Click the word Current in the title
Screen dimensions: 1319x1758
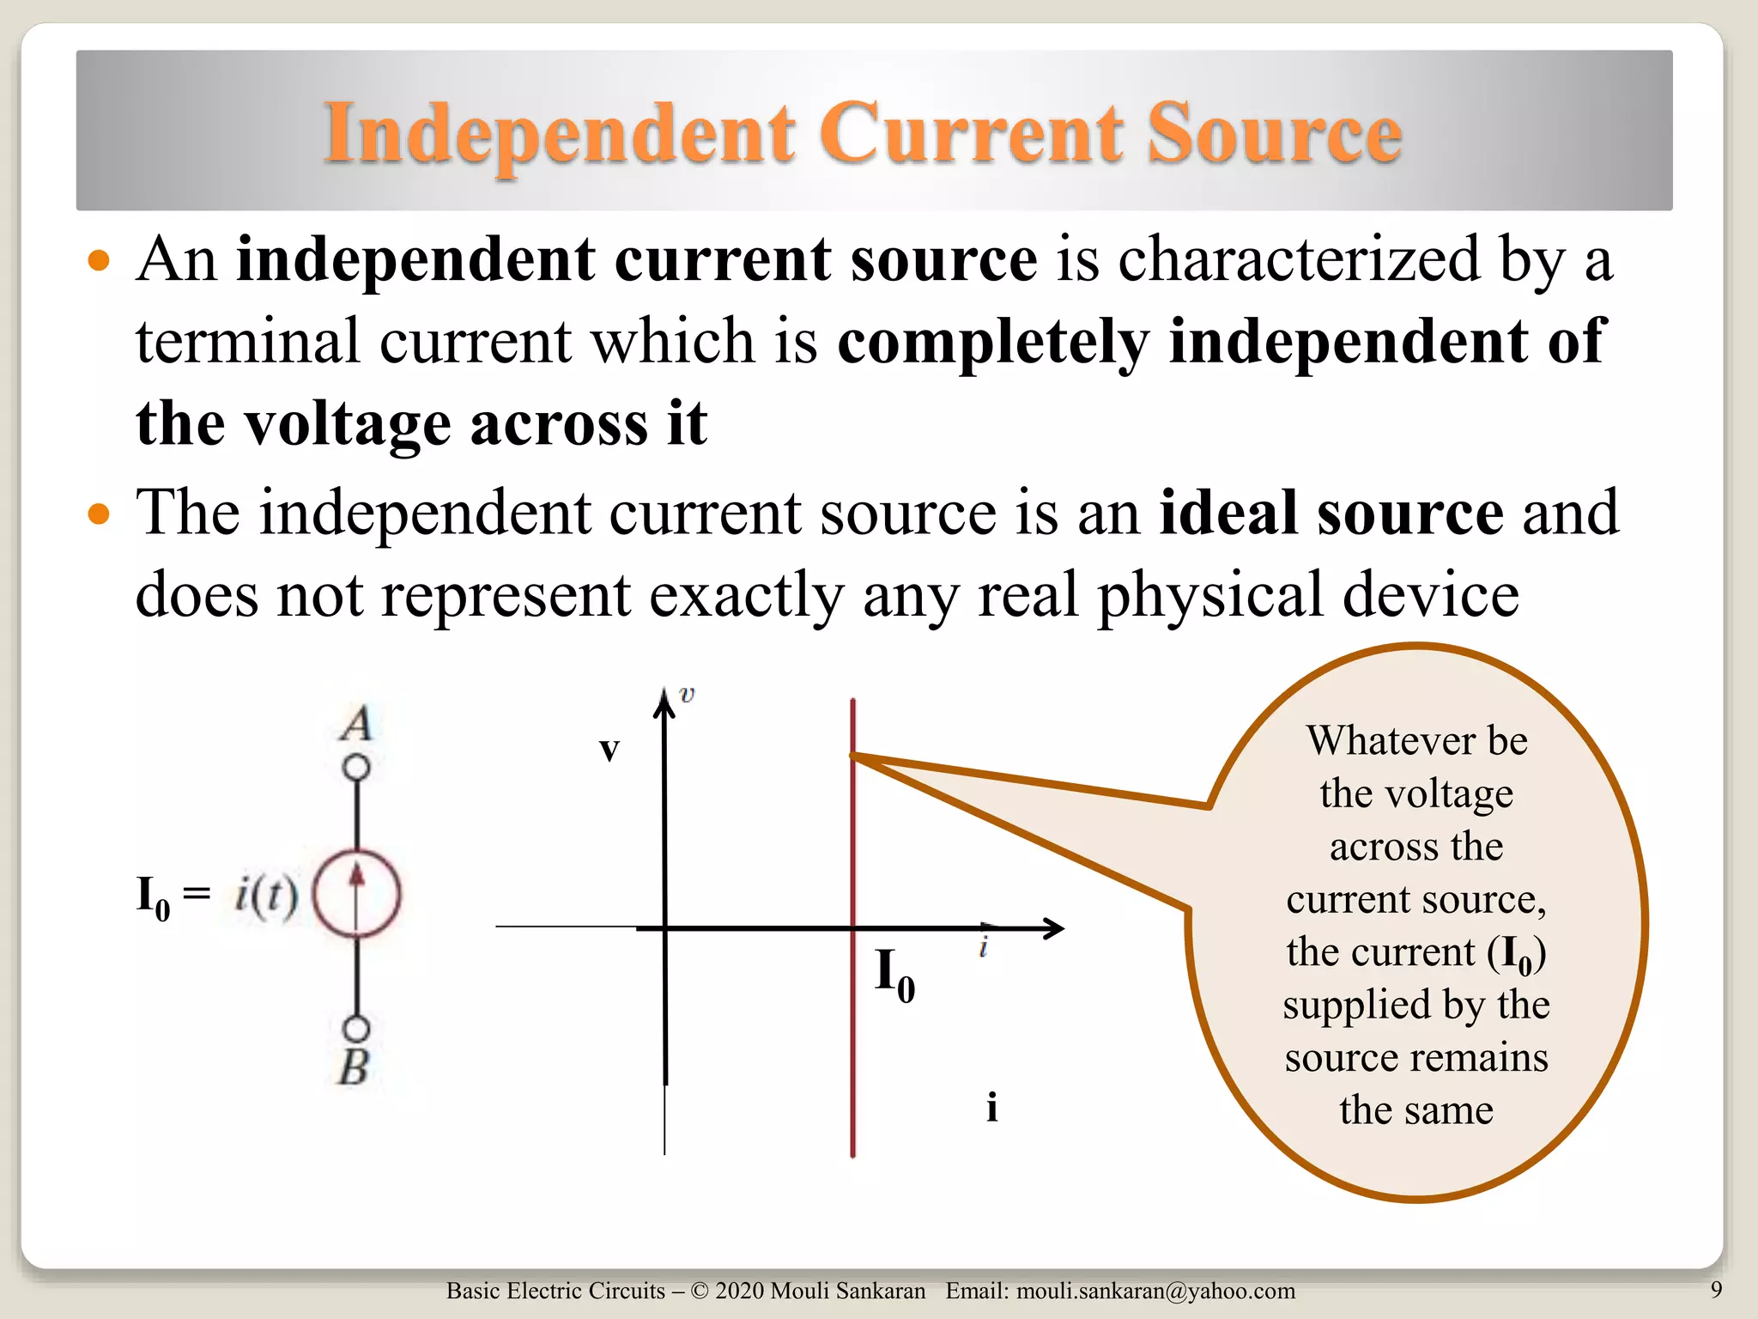pyautogui.click(x=971, y=133)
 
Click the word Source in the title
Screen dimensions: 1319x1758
pyautogui.click(x=1275, y=133)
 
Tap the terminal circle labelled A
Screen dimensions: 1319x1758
pyautogui.click(x=356, y=767)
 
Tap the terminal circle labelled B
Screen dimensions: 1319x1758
pyautogui.click(x=356, y=1028)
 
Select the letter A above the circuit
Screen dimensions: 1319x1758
pyautogui.click(x=356, y=723)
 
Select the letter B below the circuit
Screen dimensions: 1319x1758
pyautogui.click(x=354, y=1068)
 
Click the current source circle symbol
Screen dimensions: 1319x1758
pyautogui.click(x=356, y=894)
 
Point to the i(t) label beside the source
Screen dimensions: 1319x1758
pyautogui.click(x=266, y=895)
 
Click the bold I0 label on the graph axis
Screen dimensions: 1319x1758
pyautogui.click(x=894, y=975)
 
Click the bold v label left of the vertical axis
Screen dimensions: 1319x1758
pyautogui.click(x=609, y=749)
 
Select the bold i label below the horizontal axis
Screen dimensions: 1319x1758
pyautogui.click(x=991, y=1108)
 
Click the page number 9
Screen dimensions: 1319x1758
pyautogui.click(x=1716, y=1289)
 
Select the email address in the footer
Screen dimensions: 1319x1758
pyautogui.click(x=1155, y=1291)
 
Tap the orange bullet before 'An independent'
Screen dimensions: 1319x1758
pyautogui.click(x=100, y=260)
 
